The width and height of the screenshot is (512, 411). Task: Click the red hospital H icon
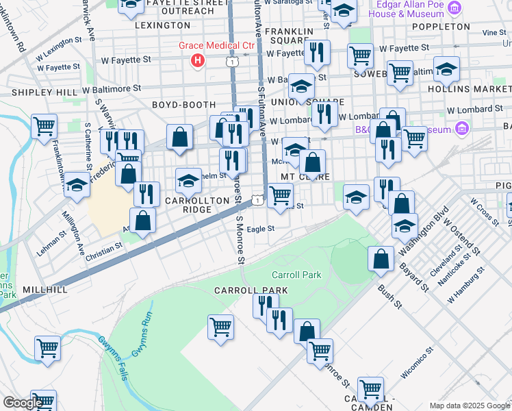pyautogui.click(x=198, y=61)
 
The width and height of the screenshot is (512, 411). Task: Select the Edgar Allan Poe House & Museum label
pyautogui.click(x=416, y=9)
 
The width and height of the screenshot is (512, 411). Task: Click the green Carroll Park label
pyautogui.click(x=296, y=275)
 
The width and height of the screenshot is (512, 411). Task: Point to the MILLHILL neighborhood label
pyautogui.click(x=44, y=290)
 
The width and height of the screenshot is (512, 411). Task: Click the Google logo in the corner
pyautogui.click(x=23, y=403)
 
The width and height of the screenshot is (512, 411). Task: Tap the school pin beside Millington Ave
pyautogui.click(x=77, y=186)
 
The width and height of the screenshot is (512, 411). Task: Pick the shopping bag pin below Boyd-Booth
pyautogui.click(x=179, y=136)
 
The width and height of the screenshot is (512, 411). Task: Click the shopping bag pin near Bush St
pyautogui.click(x=381, y=259)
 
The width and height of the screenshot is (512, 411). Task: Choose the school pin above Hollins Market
pyautogui.click(x=446, y=69)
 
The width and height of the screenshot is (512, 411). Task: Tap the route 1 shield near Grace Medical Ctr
pyautogui.click(x=234, y=62)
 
